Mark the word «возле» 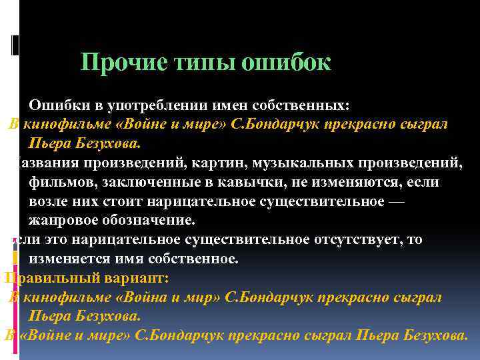(47, 201)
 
